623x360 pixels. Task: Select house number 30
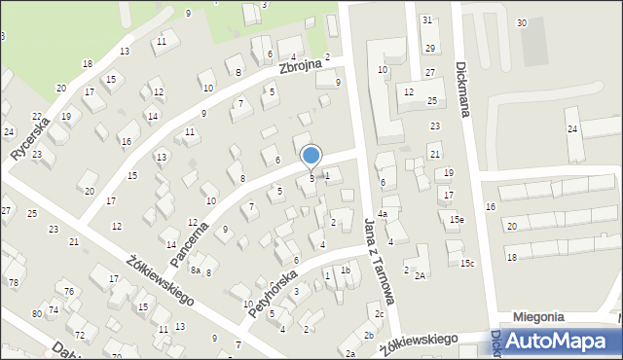[522, 22]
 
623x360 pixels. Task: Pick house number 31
[427, 19]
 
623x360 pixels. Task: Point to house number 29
[429, 49]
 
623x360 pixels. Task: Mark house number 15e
[457, 220]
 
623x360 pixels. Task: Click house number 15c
[468, 264]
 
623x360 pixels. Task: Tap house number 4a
[384, 214]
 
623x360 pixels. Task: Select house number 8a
[196, 270]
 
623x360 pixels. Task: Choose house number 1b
[345, 270]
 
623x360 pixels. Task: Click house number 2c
[379, 314]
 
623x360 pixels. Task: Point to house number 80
[36, 313]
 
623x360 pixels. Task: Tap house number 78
[14, 282]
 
